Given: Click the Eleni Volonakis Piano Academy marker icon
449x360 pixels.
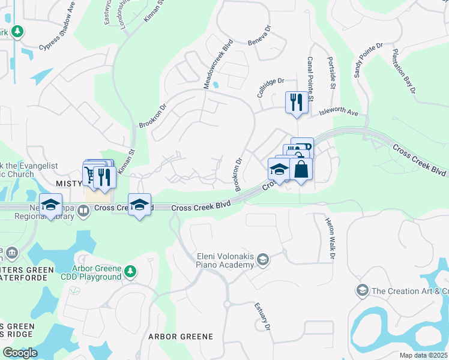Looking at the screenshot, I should pyautogui.click(x=262, y=260).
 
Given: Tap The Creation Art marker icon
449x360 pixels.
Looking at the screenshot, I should pyautogui.click(x=362, y=291).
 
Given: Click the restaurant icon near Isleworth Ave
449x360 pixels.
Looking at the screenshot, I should pyautogui.click(x=296, y=102).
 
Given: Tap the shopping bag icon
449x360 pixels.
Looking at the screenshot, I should pyautogui.click(x=301, y=169).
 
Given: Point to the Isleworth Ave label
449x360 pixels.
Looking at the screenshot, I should pyautogui.click(x=338, y=112).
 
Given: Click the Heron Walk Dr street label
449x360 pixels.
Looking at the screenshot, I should pyautogui.click(x=329, y=239).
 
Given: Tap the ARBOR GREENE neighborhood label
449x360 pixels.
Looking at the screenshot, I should pyautogui.click(x=181, y=337).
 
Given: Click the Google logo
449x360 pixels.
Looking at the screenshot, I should pyautogui.click(x=19, y=353).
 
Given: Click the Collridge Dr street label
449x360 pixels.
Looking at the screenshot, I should pyautogui.click(x=270, y=87).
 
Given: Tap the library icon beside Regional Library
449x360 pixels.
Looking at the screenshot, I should pyautogui.click(x=83, y=210).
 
